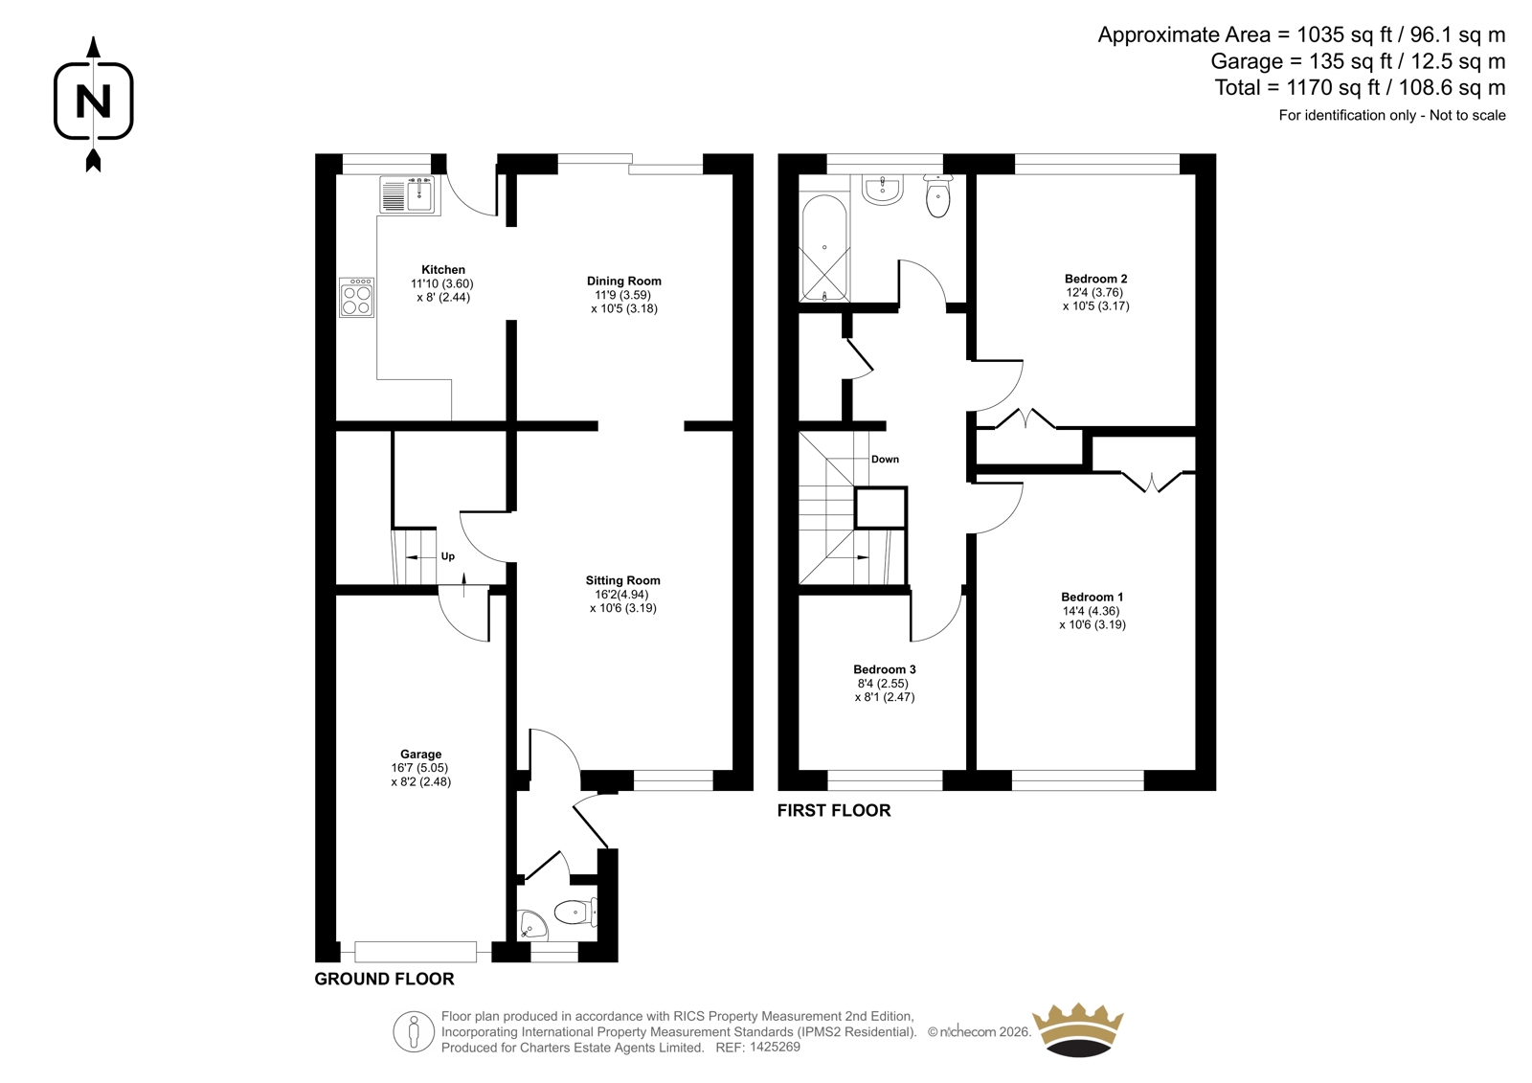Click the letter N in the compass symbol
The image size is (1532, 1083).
(93, 102)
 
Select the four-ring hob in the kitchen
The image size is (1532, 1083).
(356, 297)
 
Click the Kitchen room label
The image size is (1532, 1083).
(442, 269)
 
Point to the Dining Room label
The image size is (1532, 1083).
(623, 281)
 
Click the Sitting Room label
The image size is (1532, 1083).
(622, 580)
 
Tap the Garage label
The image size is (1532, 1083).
(420, 754)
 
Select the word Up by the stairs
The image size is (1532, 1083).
(448, 556)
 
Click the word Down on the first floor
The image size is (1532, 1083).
(885, 459)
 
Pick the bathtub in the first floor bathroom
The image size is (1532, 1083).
(824, 248)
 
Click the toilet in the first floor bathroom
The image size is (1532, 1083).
(937, 195)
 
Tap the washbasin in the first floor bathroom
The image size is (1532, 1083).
(883, 189)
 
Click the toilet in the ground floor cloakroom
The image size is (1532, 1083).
(575, 912)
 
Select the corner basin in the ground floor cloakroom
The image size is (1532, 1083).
(530, 925)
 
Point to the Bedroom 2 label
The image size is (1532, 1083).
(1095, 279)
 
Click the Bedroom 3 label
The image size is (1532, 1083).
(885, 669)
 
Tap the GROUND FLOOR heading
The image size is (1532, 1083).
(384, 979)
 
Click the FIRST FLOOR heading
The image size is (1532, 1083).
(834, 811)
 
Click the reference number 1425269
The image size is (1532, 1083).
(775, 1047)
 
